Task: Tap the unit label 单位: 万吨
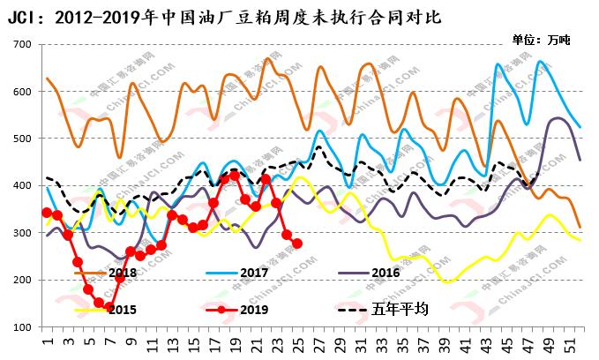541,40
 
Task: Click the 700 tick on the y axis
22,44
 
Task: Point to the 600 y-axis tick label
22,92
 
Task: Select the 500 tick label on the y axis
22,139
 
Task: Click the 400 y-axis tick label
22,186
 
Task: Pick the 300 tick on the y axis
22,233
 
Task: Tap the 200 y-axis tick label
22,281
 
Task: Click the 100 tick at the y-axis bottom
22,327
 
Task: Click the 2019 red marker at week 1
47,212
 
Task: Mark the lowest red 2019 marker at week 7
109,307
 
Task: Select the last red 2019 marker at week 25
297,244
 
